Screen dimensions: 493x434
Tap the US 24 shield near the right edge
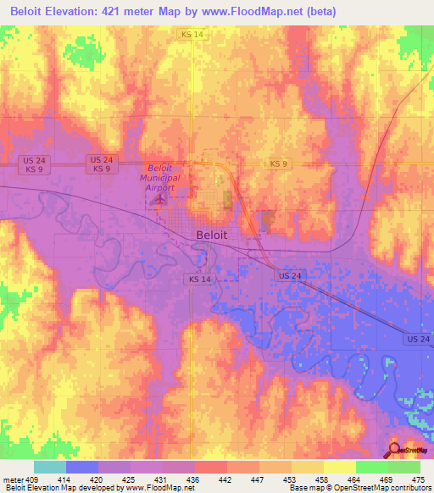coord(417,339)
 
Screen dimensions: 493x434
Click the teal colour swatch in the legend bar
coord(49,467)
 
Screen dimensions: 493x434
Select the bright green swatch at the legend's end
coord(403,467)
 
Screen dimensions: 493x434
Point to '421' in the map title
coord(130,11)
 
